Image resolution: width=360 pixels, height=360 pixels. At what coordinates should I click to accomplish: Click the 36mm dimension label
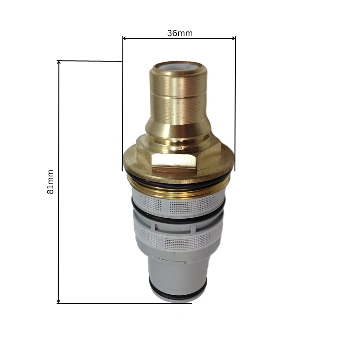(180, 33)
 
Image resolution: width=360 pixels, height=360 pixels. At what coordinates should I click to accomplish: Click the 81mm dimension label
(50, 181)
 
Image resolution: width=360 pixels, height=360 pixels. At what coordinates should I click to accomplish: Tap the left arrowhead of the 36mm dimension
(125, 38)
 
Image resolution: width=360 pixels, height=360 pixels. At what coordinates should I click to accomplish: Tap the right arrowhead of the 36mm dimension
(233, 38)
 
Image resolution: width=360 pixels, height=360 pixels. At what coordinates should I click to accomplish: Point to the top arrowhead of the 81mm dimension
(58, 63)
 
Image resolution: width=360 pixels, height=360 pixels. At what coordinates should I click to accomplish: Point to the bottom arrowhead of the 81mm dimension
(58, 300)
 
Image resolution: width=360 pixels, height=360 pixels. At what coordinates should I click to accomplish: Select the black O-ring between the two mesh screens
(178, 219)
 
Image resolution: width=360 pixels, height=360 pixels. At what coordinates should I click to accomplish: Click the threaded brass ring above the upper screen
(178, 191)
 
